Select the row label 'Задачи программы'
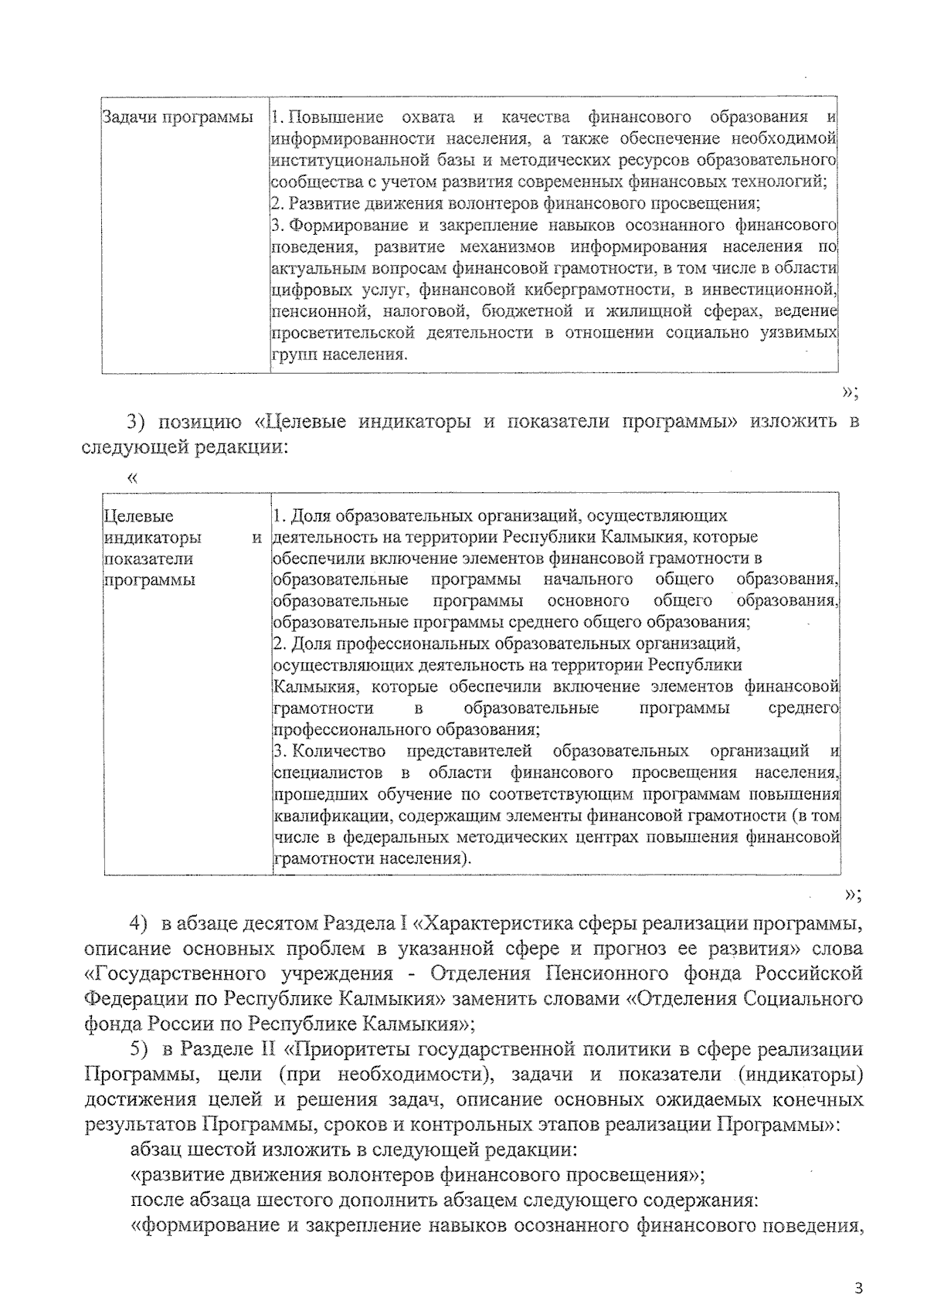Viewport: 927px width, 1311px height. point(178,117)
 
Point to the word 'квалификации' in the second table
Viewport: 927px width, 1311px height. point(323,816)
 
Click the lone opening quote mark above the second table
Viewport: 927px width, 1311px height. point(132,478)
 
